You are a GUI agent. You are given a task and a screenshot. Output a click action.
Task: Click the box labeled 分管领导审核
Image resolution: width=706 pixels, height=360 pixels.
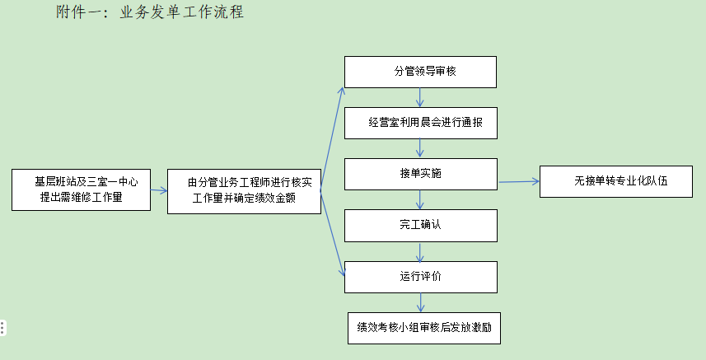[x=420, y=72]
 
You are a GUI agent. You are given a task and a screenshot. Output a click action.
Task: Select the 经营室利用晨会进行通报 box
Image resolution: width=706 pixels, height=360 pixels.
[x=420, y=123]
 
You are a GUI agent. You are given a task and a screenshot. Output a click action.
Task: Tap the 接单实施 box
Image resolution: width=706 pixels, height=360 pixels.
[x=420, y=174]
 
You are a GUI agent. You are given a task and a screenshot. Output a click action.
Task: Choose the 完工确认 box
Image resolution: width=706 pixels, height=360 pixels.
[x=420, y=225]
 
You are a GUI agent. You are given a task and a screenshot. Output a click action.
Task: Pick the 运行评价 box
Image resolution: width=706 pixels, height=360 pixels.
[x=420, y=277]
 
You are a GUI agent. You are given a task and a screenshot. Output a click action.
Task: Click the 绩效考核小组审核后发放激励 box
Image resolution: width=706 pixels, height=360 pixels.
[x=424, y=327]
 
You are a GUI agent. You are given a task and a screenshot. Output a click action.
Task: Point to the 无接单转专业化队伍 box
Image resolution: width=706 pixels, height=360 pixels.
[x=615, y=180]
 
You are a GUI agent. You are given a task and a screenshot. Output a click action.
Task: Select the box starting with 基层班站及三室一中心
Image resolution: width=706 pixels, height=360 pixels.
[x=81, y=189]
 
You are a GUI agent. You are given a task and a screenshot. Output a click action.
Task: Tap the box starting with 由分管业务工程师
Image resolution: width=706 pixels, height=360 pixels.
[x=244, y=191]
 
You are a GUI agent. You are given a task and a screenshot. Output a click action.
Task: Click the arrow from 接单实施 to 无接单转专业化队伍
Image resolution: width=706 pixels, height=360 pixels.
[x=518, y=181]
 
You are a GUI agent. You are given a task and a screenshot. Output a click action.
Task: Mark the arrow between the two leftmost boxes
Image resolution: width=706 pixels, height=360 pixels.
[x=159, y=190]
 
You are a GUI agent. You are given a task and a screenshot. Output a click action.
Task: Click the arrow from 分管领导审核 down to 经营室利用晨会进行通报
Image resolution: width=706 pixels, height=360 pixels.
[x=420, y=97]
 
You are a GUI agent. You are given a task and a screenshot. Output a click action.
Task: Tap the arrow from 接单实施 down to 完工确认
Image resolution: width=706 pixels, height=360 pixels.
[x=420, y=199]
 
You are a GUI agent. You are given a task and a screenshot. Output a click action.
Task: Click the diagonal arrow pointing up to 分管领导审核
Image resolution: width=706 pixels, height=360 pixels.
[x=332, y=132]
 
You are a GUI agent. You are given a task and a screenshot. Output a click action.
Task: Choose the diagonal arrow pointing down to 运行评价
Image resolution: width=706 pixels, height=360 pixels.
[x=332, y=235]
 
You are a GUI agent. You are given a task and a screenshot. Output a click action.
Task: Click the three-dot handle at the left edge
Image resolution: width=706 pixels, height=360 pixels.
[x=3, y=327]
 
